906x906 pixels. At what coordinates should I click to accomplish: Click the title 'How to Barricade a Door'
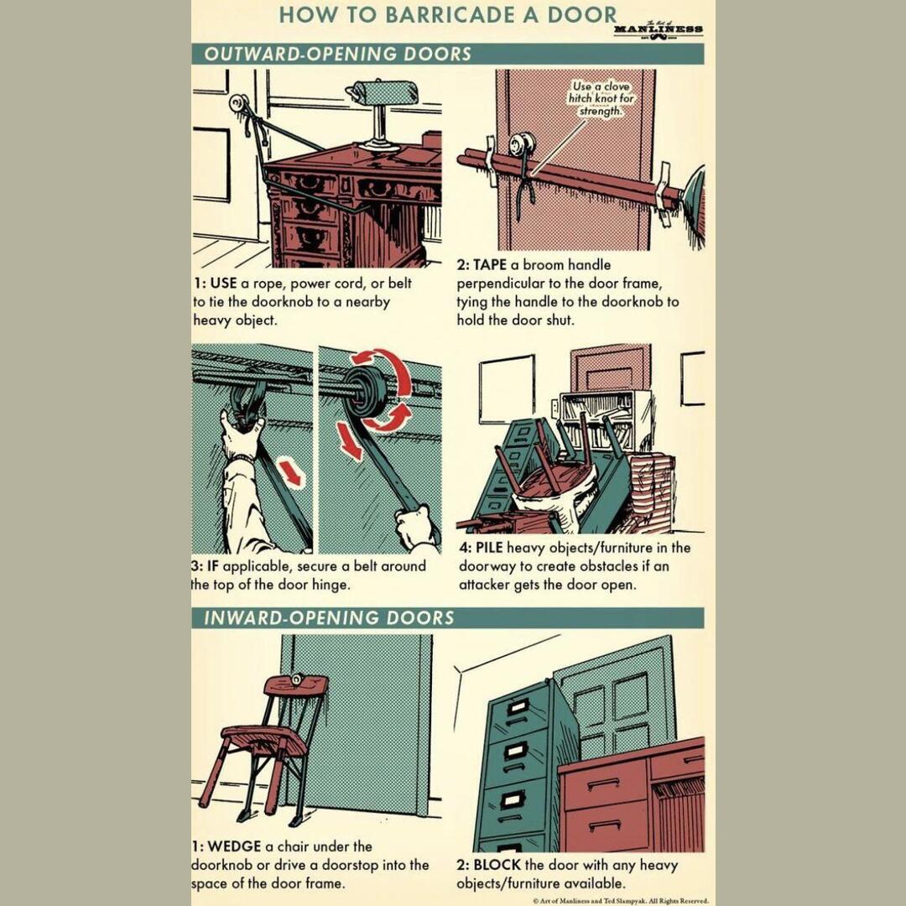coord(447,15)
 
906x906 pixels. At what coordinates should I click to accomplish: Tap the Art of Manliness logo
coord(658,29)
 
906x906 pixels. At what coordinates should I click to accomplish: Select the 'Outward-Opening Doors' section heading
coord(338,55)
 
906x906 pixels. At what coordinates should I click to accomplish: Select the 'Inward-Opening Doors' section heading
coord(329,618)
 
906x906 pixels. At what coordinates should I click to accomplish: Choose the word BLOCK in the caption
coord(498,865)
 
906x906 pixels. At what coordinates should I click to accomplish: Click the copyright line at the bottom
coord(620,901)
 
